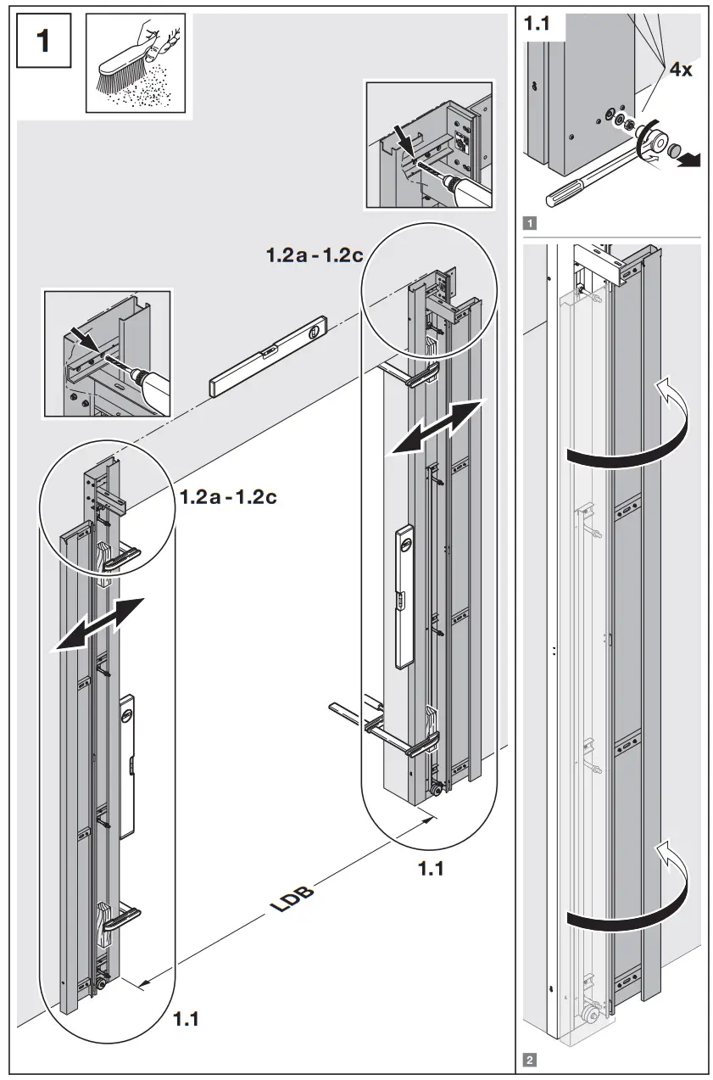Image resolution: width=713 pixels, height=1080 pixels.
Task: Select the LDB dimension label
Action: click(x=292, y=898)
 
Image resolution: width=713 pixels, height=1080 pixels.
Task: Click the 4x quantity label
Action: click(x=680, y=70)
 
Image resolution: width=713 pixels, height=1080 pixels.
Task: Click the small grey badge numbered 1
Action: click(x=530, y=224)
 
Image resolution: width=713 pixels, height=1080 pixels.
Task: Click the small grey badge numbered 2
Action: click(x=530, y=1059)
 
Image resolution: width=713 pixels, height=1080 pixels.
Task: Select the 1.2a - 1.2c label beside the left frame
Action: click(x=228, y=496)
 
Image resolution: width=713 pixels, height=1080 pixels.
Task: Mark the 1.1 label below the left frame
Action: click(x=186, y=1018)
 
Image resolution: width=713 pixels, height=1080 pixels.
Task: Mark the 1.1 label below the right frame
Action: click(x=431, y=868)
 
